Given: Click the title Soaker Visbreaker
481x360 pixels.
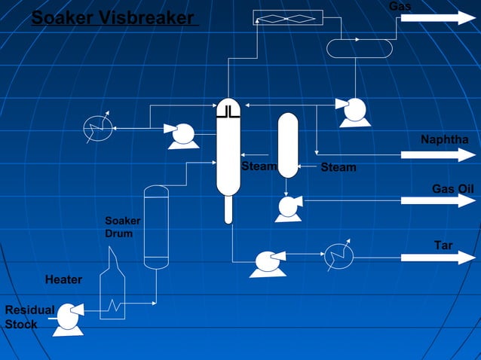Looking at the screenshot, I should (113, 17).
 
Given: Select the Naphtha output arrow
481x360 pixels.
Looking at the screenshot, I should (438, 155).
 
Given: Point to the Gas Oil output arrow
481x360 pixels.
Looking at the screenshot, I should (438, 200).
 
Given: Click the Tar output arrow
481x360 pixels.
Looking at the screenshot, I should (438, 258).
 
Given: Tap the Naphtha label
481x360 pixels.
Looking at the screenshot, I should (445, 140).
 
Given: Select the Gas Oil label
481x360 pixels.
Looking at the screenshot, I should (452, 188).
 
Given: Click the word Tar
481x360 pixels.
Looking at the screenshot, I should (443, 246).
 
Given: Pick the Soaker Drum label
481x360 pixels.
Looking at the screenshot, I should (118, 227).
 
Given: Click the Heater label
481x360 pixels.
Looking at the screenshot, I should (63, 280).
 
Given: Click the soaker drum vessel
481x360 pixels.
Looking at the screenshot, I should (156, 227).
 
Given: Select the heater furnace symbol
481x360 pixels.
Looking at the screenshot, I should (112, 287).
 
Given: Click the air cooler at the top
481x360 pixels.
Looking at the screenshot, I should (288, 17).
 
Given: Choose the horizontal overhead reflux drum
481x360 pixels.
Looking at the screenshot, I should (360, 48).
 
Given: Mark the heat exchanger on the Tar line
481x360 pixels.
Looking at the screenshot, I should (339, 258).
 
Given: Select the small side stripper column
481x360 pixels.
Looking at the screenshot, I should (288, 145).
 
